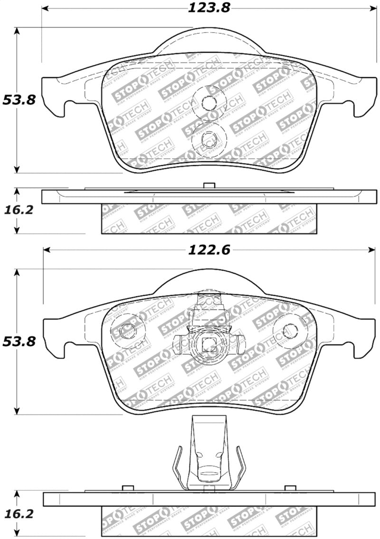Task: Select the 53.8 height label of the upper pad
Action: pos(19,100)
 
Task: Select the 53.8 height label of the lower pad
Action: pos(19,341)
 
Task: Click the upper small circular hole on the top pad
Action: pos(208,101)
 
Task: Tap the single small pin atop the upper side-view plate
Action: pos(208,186)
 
